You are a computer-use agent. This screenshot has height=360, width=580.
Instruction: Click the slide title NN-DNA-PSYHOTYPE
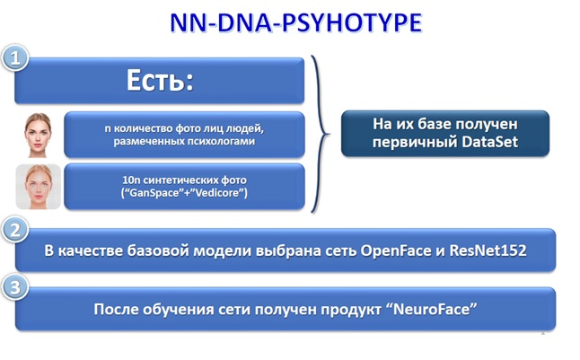[296, 22]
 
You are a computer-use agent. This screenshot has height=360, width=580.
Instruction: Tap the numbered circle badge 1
[15, 58]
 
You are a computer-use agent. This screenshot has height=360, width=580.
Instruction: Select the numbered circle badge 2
[15, 230]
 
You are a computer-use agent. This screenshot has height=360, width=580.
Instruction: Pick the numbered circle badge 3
[15, 287]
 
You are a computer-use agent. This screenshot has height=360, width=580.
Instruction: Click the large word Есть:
[160, 80]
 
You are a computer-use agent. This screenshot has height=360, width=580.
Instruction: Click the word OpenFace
[396, 250]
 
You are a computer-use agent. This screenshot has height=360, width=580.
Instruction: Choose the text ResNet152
[488, 250]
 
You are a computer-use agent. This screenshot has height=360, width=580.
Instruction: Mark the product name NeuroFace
[433, 309]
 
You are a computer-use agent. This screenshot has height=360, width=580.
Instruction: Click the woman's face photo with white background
[38, 135]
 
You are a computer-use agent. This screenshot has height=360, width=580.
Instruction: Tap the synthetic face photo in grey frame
[38, 187]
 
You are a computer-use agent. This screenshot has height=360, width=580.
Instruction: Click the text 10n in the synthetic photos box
[131, 180]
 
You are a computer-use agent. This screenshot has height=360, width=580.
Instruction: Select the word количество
[143, 128]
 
